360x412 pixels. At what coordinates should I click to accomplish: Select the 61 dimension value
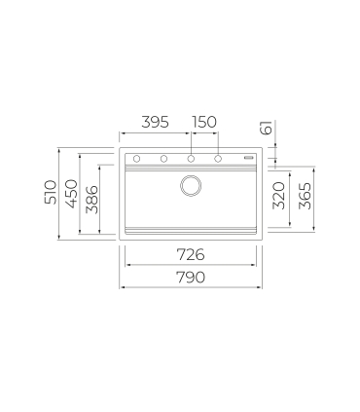tap(266, 129)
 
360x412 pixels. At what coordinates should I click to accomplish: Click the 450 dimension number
tap(70, 194)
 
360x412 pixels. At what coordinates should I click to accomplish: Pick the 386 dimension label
tap(91, 201)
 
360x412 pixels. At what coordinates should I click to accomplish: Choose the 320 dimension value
tap(280, 198)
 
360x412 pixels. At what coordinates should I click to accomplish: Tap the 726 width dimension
tap(190, 255)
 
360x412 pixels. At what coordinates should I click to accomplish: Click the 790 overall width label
tap(190, 277)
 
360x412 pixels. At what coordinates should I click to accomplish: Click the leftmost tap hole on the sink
tap(137, 158)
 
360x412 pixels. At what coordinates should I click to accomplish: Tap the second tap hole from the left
tap(163, 158)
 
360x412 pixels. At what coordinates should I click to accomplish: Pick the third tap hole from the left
tap(191, 158)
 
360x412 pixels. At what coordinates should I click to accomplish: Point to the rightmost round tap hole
tap(218, 158)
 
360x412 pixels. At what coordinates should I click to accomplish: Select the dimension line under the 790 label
tap(191, 287)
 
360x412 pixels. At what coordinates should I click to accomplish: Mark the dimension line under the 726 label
tap(191, 266)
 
